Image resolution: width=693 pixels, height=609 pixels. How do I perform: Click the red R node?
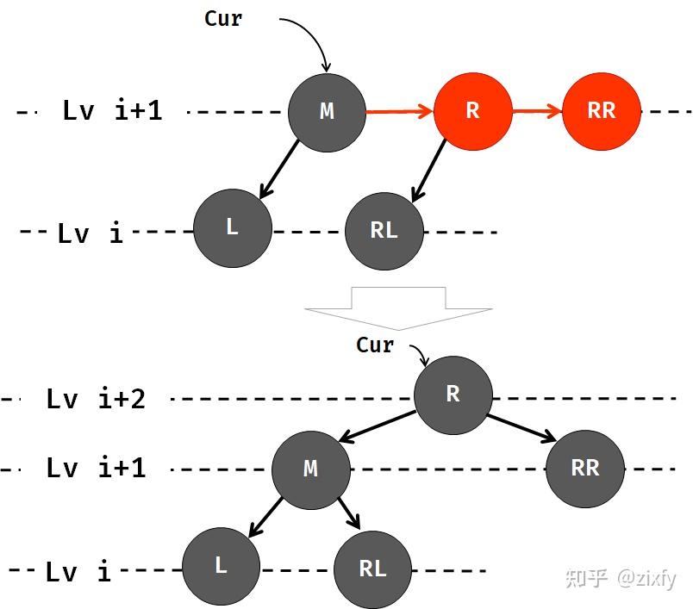(x=473, y=111)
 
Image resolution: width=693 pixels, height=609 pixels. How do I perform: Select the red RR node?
(x=601, y=111)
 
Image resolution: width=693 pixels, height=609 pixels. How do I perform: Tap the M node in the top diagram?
(x=327, y=113)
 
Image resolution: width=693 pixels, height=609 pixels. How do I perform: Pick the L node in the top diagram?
(x=233, y=228)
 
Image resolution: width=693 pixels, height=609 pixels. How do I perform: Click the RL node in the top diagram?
(x=384, y=231)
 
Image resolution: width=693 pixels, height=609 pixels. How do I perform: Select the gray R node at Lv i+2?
(x=453, y=395)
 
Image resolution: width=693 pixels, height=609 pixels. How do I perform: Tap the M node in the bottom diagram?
(x=310, y=470)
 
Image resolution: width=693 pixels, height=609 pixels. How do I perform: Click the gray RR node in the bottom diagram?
(x=585, y=469)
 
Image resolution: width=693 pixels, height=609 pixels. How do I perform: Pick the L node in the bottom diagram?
(x=221, y=566)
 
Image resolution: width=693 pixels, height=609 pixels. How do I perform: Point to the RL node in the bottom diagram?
(x=372, y=569)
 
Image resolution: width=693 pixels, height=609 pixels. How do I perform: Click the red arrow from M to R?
(x=400, y=111)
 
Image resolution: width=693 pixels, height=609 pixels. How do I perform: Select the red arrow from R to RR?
(x=538, y=111)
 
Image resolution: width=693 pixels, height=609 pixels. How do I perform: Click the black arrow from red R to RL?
(x=428, y=171)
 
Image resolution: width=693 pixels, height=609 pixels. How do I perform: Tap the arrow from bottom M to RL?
(x=350, y=513)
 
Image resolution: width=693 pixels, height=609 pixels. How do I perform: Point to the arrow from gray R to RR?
(x=521, y=428)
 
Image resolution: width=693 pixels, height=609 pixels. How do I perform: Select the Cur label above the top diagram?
(x=223, y=19)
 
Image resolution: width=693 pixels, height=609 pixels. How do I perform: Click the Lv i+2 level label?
(x=96, y=399)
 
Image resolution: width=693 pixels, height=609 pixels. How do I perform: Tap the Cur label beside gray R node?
(x=375, y=345)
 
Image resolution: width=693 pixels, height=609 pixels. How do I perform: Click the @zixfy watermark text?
(x=646, y=578)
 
